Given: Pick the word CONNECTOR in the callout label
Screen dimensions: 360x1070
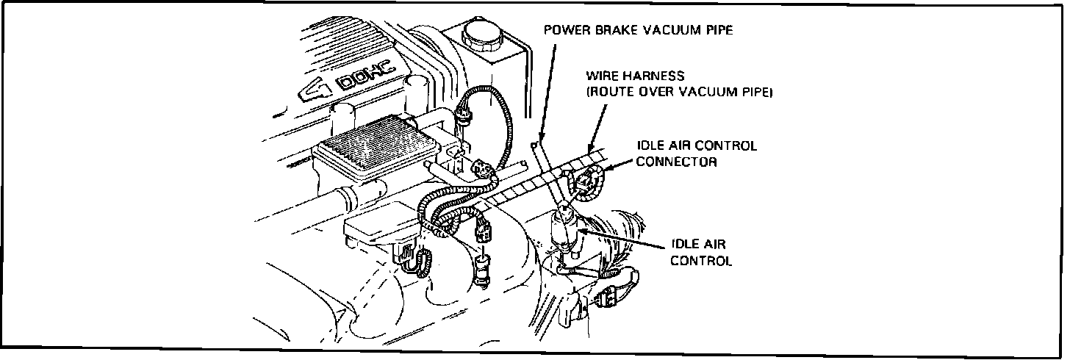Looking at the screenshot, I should tap(676, 162).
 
